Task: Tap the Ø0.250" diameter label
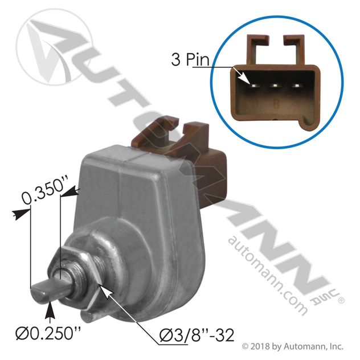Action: point(48,334)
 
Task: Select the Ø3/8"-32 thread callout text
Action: point(197,335)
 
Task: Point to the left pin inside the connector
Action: point(253,86)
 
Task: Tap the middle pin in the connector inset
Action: point(275,86)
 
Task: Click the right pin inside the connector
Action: point(296,86)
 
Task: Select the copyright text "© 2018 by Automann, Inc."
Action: point(293,346)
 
